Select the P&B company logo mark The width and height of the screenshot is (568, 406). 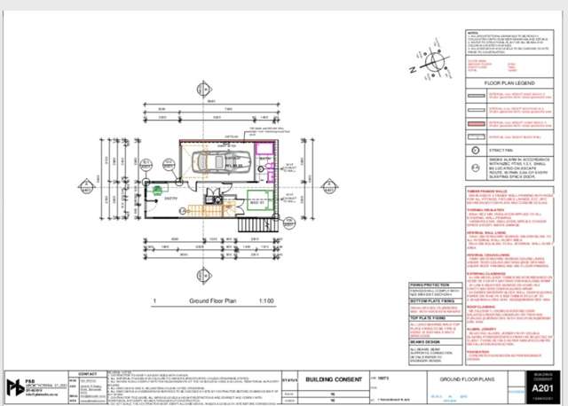point(15,387)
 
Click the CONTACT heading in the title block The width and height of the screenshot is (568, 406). point(90,374)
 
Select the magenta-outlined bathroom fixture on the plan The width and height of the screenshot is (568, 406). point(263,146)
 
